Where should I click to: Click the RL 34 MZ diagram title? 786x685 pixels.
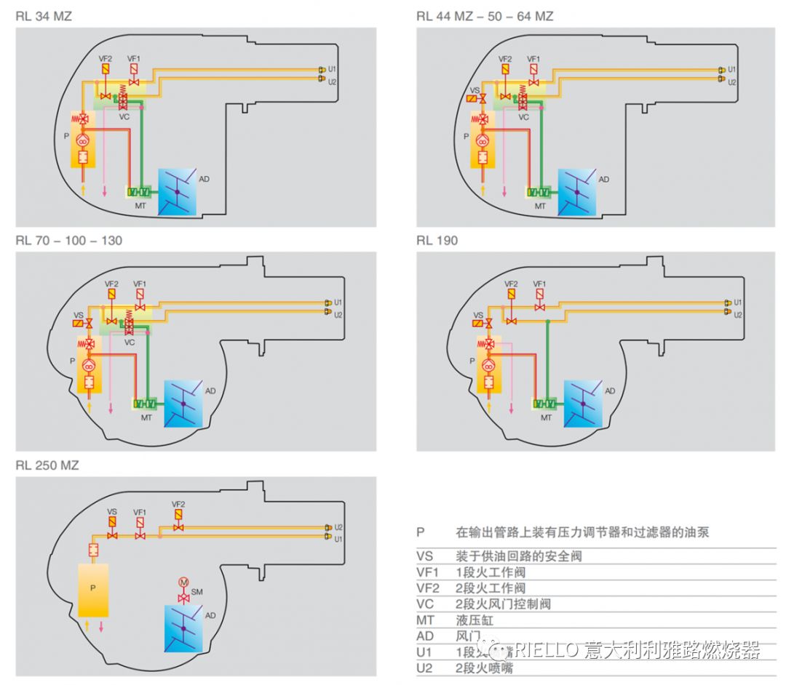(x=44, y=16)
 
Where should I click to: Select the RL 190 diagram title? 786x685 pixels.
(x=437, y=241)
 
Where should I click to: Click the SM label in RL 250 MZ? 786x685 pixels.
(x=197, y=593)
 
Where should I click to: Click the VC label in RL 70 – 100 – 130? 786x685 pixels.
(x=130, y=342)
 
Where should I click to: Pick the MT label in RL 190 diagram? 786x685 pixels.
(x=546, y=417)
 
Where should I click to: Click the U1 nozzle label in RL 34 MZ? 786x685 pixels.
(x=332, y=69)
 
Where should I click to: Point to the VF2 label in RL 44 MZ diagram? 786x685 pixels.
(x=505, y=58)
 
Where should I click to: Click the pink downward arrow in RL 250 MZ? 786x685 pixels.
(x=102, y=626)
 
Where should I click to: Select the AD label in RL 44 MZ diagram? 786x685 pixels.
(x=603, y=179)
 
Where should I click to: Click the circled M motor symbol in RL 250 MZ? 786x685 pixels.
(x=183, y=582)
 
